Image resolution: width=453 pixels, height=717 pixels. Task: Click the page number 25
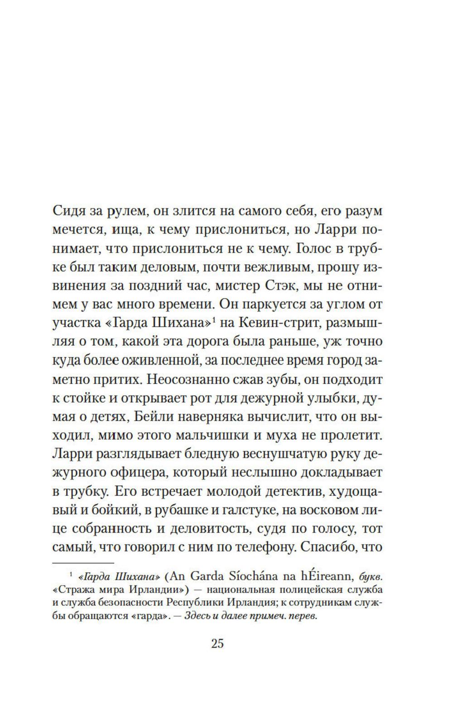[x=217, y=644]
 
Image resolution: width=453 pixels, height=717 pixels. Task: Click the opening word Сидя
[x=69, y=211]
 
